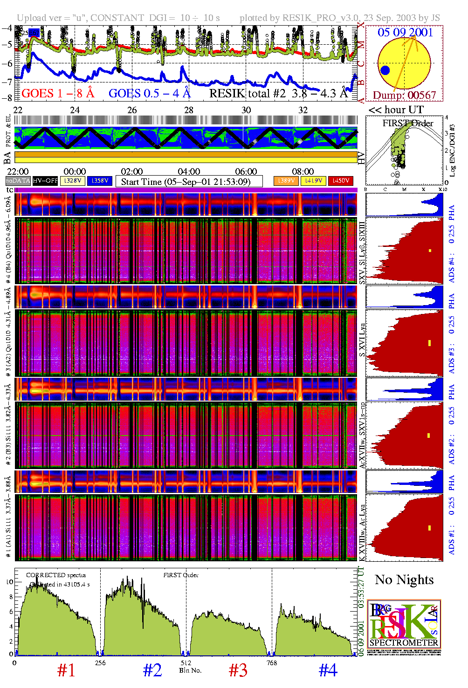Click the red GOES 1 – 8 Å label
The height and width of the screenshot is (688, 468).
(58, 94)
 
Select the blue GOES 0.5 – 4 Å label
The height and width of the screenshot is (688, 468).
(150, 94)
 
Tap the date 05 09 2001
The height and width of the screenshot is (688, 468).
(405, 32)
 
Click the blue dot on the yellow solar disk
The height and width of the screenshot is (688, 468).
(385, 70)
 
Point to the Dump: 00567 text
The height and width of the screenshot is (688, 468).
(404, 95)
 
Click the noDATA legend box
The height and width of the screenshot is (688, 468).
(18, 181)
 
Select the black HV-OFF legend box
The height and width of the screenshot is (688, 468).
(45, 181)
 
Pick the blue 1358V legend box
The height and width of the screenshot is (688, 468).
(100, 181)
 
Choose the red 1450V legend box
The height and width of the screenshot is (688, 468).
(341, 181)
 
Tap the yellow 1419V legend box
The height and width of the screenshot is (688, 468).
(314, 181)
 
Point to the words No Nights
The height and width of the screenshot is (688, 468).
(404, 580)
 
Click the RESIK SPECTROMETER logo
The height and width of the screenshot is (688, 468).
(404, 624)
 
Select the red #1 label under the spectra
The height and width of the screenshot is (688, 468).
(66, 670)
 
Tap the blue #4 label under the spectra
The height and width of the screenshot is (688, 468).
(328, 670)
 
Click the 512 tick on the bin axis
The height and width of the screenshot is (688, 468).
(186, 663)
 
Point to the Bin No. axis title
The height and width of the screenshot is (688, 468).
(190, 670)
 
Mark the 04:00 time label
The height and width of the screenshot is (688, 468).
(189, 171)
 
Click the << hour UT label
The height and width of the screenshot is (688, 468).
(396, 110)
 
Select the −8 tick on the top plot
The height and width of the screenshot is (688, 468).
(7, 98)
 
